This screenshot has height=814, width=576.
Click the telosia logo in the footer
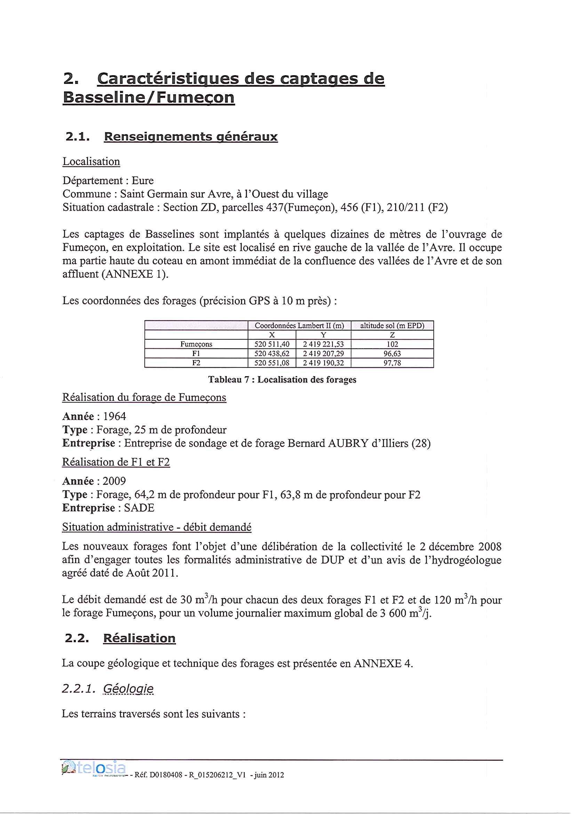[94, 768]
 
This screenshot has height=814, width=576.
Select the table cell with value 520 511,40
[272, 344]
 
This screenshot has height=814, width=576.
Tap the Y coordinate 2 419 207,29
[323, 354]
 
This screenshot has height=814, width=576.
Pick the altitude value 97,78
[392, 363]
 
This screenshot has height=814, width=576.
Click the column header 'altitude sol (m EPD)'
[392, 325]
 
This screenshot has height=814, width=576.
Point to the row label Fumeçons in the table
[196, 344]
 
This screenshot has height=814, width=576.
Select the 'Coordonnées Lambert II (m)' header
[299, 325]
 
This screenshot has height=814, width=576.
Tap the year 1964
[114, 416]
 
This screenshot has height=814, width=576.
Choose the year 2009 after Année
[114, 481]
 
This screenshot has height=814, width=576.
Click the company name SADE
[139, 508]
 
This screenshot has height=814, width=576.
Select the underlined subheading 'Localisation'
[91, 161]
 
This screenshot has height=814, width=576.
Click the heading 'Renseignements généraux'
[191, 137]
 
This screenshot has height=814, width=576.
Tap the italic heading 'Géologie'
[128, 689]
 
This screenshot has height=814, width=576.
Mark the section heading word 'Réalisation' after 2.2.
[139, 638]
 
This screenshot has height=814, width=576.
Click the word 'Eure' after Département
[143, 181]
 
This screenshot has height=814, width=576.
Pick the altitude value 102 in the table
[392, 344]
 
